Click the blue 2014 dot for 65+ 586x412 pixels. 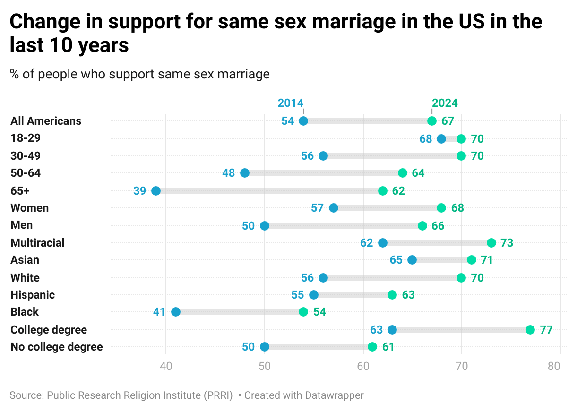pos(156,191)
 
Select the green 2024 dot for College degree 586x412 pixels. pos(530,330)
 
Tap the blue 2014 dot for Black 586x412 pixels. pos(176,312)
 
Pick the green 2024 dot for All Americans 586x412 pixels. pos(432,121)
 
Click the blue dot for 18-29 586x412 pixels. pos(441,139)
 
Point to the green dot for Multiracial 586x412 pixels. pos(491,243)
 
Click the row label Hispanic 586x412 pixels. pos(33,295)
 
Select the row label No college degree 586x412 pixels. pos(57,347)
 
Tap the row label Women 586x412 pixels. pos(30,208)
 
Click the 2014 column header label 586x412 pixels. pos(291,103)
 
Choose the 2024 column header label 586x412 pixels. pos(445,103)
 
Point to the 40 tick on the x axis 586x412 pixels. pos(166,366)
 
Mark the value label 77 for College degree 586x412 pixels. pos(546,330)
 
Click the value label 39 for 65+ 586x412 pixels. pos(140,191)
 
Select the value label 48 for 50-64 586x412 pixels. pos(229,173)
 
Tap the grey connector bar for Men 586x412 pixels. pos(344,226)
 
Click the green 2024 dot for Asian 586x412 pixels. pos(472,260)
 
